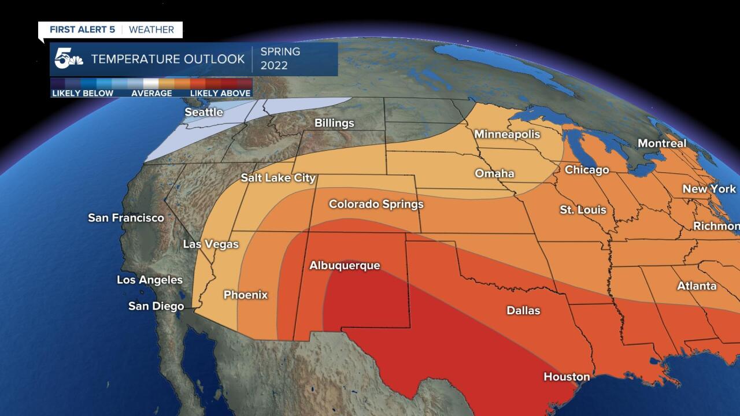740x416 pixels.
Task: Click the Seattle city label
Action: click(203, 112)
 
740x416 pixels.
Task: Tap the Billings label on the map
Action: click(334, 123)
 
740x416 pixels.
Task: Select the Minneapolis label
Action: click(507, 135)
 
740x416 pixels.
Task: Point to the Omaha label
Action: click(494, 173)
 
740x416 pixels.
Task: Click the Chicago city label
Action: click(587, 170)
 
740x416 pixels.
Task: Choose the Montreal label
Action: click(662, 143)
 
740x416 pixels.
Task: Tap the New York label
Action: click(709, 189)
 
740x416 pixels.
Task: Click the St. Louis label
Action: click(583, 209)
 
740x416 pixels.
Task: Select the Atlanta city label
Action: click(697, 286)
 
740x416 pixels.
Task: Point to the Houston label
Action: click(567, 377)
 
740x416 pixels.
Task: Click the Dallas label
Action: click(523, 311)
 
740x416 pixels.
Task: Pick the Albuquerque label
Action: click(345, 266)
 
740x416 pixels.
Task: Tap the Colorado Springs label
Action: click(376, 204)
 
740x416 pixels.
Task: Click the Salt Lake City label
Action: click(278, 178)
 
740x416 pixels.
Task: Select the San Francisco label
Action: click(126, 218)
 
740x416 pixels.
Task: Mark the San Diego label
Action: click(156, 306)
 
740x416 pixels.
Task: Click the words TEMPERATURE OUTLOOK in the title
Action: click(168, 59)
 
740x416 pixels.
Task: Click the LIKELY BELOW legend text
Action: click(83, 93)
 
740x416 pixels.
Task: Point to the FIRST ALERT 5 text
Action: click(82, 29)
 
